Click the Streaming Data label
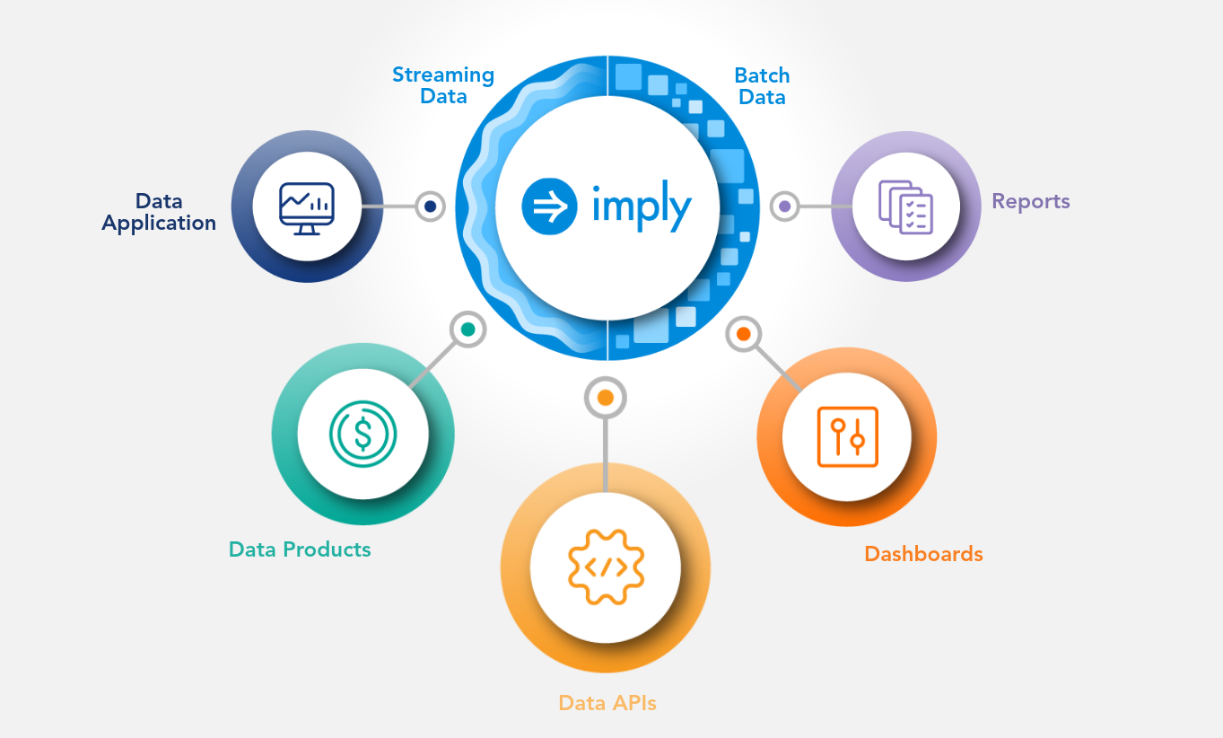[443, 85]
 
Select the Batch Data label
[762, 86]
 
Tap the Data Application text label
[159, 213]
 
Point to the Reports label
[1031, 202]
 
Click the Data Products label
[300, 549]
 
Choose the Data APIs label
[607, 702]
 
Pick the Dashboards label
[924, 554]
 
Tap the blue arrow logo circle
[549, 206]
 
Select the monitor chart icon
[307, 208]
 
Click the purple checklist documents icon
[905, 207]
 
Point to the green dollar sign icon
[363, 435]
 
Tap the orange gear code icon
[606, 567]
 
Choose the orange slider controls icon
[847, 437]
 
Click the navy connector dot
[430, 206]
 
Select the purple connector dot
[784, 206]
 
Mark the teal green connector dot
[467, 329]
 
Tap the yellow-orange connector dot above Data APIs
[605, 398]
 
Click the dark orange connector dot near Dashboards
[743, 334]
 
